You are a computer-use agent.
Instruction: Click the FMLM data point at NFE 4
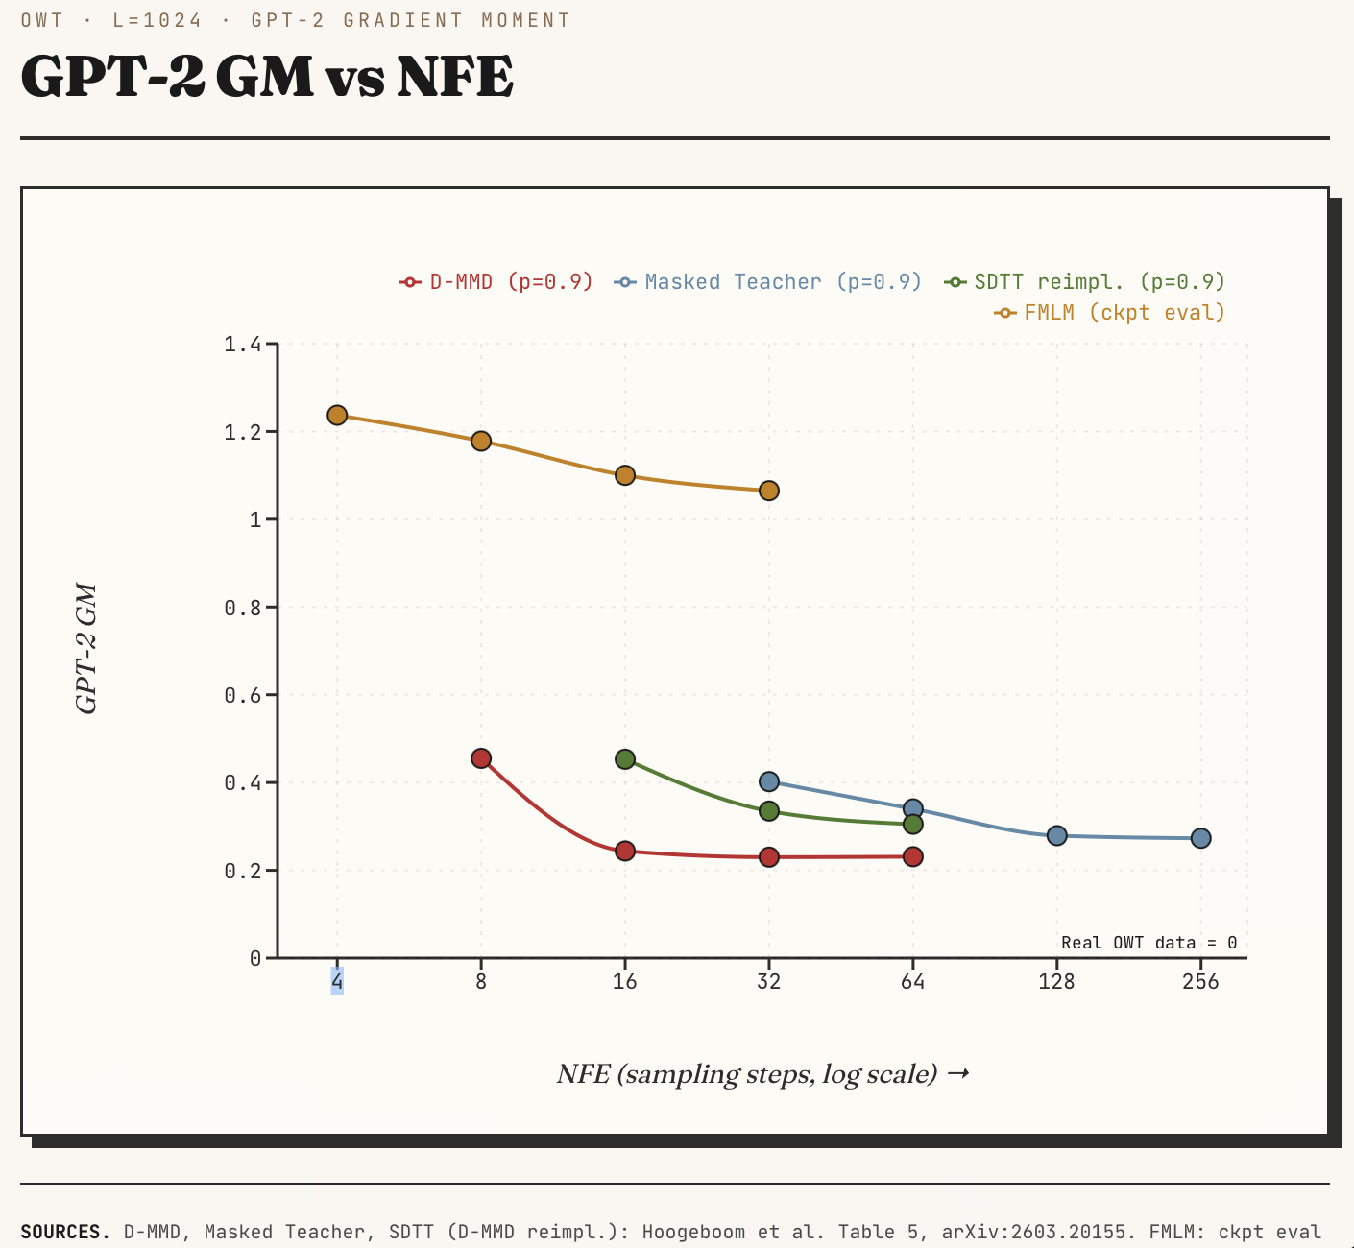337,415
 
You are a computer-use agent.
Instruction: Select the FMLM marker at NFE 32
769,491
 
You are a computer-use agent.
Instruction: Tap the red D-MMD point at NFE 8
481,758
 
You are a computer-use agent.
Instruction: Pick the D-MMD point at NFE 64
913,856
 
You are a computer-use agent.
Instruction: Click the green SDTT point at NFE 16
625,759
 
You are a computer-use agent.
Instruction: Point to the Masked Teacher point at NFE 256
1201,838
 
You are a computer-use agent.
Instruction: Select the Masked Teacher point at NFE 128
1056,835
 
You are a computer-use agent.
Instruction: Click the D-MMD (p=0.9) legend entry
496,282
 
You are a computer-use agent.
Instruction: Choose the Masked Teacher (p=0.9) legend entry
767,282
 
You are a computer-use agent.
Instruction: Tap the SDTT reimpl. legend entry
1085,282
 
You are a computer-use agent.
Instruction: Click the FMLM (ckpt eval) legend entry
1110,313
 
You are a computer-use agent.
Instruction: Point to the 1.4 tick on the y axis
243,345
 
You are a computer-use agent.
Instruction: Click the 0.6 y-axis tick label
243,695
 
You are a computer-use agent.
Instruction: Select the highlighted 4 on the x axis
337,981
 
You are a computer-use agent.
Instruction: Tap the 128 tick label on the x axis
1056,981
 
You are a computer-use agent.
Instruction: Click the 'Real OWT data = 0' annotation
1149,943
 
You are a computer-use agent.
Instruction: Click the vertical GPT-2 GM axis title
86,649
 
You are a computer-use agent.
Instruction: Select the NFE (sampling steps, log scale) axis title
762,1074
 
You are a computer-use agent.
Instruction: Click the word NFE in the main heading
455,77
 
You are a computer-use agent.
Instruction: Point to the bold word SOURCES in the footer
65,1233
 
